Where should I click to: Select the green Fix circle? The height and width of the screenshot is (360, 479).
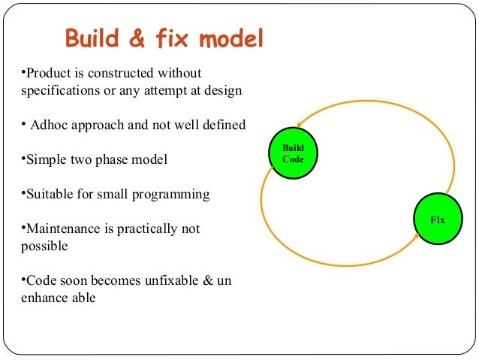click(437, 219)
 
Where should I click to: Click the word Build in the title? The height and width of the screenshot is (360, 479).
click(95, 38)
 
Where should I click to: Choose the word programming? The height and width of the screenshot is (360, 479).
click(172, 194)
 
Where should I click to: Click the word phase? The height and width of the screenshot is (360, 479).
click(113, 159)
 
